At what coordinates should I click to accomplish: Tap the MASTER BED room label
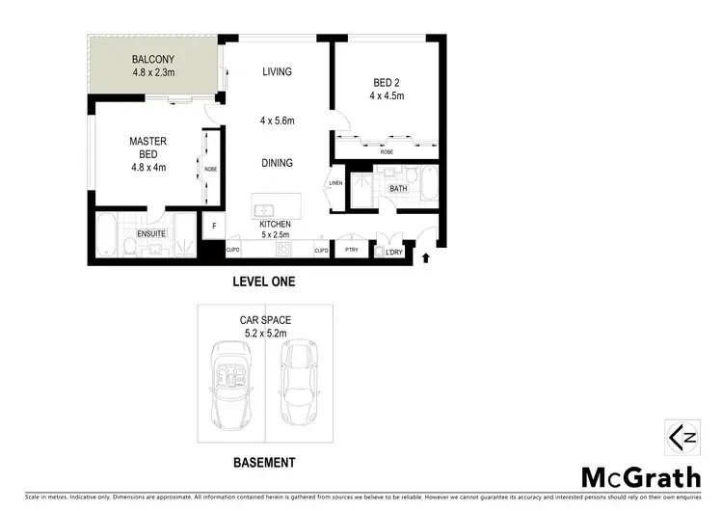coord(147,142)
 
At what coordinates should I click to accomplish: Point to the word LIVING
coord(277,72)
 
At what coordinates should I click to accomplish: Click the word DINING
coord(277,163)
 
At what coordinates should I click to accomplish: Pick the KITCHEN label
coord(275,224)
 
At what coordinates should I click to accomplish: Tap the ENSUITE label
coord(149,233)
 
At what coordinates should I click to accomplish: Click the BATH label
coord(398,189)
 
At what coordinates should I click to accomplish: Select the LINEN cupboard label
coord(335,183)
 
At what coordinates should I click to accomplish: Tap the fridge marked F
coord(214,228)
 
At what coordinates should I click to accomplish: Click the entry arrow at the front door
coord(426,257)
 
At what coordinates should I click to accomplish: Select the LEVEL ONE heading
coord(264,282)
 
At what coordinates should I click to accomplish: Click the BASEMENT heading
coord(264,463)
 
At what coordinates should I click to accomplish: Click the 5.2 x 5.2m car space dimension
coord(265,334)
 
